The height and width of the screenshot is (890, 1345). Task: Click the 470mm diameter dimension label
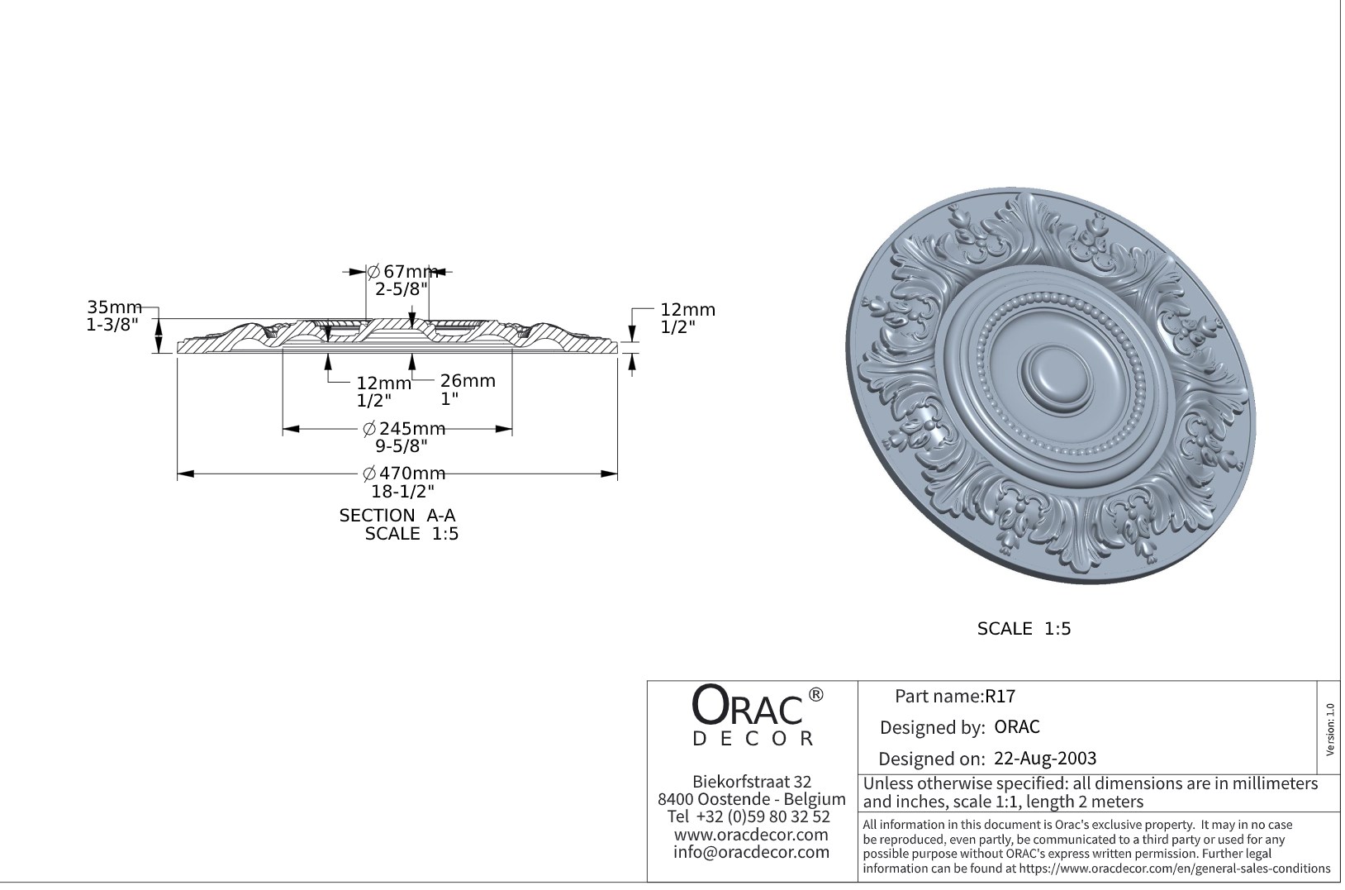point(405,474)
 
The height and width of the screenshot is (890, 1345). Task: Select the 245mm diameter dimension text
point(405,429)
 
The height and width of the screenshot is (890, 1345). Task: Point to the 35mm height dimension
point(115,308)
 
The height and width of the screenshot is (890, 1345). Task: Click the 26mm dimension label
point(468,381)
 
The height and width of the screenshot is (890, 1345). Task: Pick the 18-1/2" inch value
point(402,492)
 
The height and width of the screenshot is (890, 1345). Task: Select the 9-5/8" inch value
point(402,447)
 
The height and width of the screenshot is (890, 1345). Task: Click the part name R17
point(1000,697)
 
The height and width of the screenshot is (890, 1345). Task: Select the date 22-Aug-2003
point(1045,759)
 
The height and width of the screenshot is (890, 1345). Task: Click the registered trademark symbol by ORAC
point(815,695)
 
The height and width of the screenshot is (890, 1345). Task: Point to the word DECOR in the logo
point(753,739)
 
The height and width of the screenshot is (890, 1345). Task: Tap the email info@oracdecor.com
point(751,852)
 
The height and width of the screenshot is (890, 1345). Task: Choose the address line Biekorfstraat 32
point(752,782)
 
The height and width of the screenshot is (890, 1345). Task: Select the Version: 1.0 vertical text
point(1329,730)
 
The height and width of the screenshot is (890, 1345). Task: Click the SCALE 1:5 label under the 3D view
point(1024,629)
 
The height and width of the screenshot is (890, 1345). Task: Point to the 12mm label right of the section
point(687,310)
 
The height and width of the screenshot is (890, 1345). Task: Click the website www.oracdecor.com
point(751,835)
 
